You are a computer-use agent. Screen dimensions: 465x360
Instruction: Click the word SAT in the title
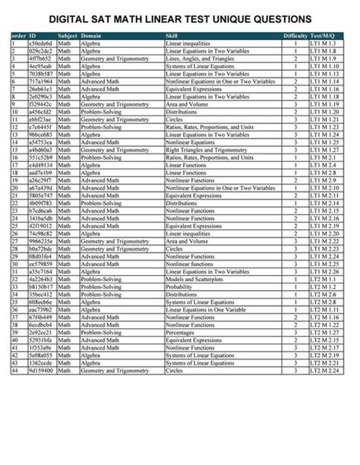[x=97, y=19]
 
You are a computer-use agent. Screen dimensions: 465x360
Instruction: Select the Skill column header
[x=171, y=36]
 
